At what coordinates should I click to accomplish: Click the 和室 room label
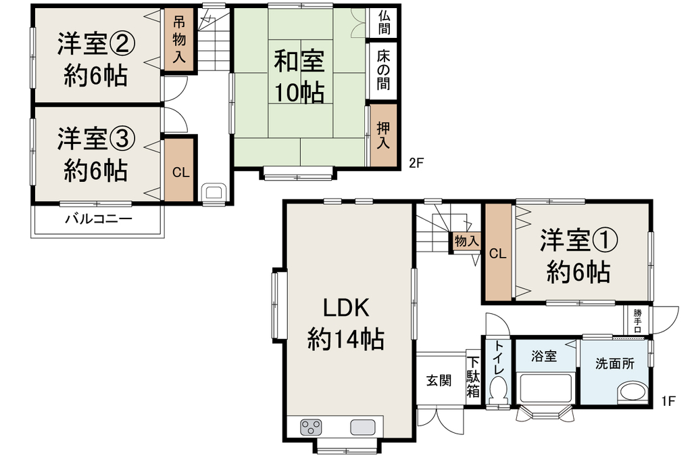click(299, 62)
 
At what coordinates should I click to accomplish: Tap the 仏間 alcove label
click(384, 23)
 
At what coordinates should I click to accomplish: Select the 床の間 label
click(384, 70)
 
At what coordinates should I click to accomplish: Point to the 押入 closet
click(383, 135)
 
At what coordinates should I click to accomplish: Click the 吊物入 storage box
click(178, 39)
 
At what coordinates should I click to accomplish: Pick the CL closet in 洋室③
click(180, 170)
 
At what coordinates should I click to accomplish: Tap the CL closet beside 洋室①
click(497, 252)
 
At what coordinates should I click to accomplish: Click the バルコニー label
click(99, 218)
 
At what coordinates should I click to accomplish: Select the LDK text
click(346, 308)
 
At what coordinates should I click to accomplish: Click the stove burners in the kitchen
click(311, 428)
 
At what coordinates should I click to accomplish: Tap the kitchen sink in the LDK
click(363, 428)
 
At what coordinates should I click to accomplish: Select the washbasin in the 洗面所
click(633, 392)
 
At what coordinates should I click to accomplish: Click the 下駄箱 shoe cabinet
click(473, 377)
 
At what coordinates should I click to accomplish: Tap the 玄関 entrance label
click(439, 380)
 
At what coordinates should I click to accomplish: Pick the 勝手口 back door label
click(638, 321)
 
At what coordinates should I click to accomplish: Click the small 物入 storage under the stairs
click(466, 241)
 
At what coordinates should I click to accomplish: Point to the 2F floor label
click(416, 163)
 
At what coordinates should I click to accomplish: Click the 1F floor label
click(668, 400)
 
